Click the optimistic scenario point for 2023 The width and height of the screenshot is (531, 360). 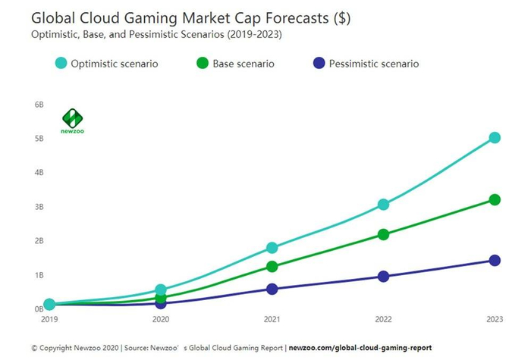click(495, 138)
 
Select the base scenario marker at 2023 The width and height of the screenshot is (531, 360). click(495, 200)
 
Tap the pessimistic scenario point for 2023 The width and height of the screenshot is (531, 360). click(495, 261)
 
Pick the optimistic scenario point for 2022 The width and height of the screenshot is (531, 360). click(383, 205)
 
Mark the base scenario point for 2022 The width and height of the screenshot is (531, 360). click(383, 235)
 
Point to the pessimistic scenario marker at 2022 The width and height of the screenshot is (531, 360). click(383, 277)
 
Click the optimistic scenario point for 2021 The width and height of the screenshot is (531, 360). click(272, 248)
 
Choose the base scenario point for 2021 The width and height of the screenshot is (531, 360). click(272, 267)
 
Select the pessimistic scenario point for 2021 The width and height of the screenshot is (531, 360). click(272, 289)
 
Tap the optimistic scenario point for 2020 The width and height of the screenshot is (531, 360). click(161, 290)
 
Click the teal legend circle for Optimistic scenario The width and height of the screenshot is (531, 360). click(61, 64)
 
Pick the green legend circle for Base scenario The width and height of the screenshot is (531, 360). click(202, 64)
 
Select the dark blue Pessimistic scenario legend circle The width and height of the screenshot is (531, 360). click(319, 64)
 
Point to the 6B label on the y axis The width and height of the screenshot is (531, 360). click(39, 105)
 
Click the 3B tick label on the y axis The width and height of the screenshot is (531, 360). click(39, 207)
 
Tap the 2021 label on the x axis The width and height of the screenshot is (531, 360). click(272, 321)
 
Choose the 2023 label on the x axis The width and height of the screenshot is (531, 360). click(495, 321)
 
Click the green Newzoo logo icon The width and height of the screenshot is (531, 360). click(72, 119)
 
